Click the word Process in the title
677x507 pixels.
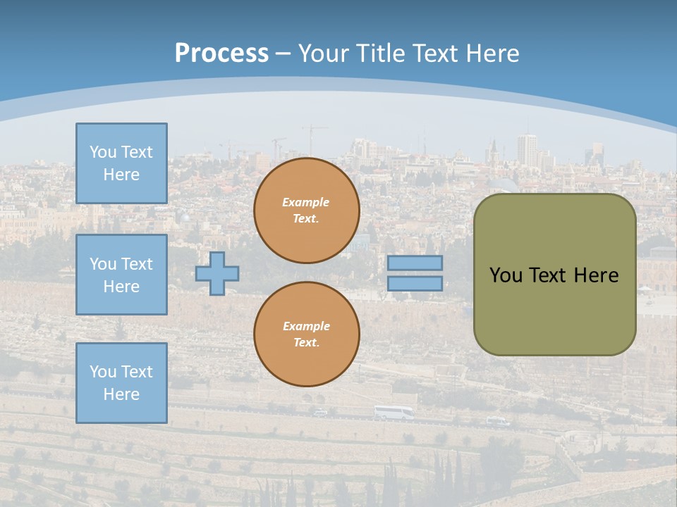[x=221, y=54]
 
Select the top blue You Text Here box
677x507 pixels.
[x=121, y=163]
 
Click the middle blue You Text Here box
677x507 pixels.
[x=121, y=275]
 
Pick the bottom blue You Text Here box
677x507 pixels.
[x=121, y=382]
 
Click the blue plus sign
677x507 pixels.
[x=217, y=273]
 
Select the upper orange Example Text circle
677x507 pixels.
[x=307, y=211]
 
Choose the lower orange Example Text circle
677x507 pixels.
[x=307, y=334]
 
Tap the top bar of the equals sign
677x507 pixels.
[x=415, y=263]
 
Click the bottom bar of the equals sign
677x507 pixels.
[x=415, y=284]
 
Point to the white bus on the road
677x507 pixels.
[x=394, y=413]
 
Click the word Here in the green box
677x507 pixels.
[x=596, y=275]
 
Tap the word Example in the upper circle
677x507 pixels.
[x=306, y=202]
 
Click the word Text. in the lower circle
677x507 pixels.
[x=306, y=343]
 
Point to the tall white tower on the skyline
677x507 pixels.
[x=527, y=149]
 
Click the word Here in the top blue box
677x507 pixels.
[x=121, y=175]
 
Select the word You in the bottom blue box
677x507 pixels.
[x=102, y=372]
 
